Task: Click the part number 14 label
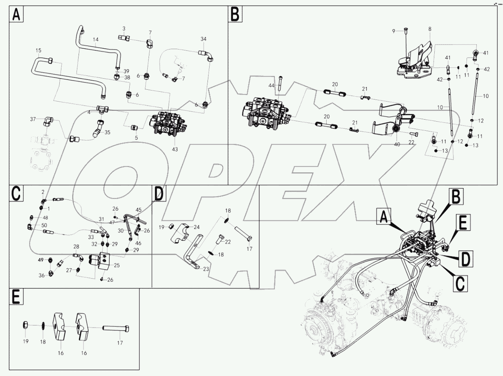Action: click(x=95, y=40)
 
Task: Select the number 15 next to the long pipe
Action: click(x=38, y=50)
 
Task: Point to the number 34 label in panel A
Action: click(x=203, y=39)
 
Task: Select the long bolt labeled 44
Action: click(x=280, y=84)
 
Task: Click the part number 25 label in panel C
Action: click(x=117, y=265)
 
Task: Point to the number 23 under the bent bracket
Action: click(x=206, y=269)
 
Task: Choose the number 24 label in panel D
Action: click(x=196, y=227)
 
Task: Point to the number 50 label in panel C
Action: click(x=44, y=226)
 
